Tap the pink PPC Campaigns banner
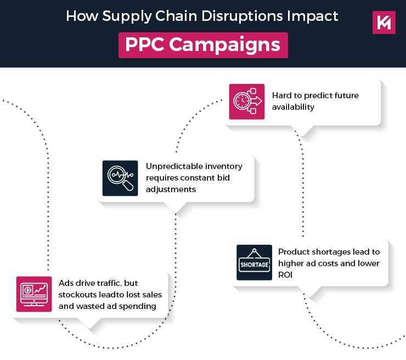(x=203, y=44)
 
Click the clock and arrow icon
(x=246, y=102)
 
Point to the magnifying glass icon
(x=120, y=178)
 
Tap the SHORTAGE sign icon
(x=254, y=262)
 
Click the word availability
(x=294, y=107)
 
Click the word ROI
(x=286, y=275)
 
